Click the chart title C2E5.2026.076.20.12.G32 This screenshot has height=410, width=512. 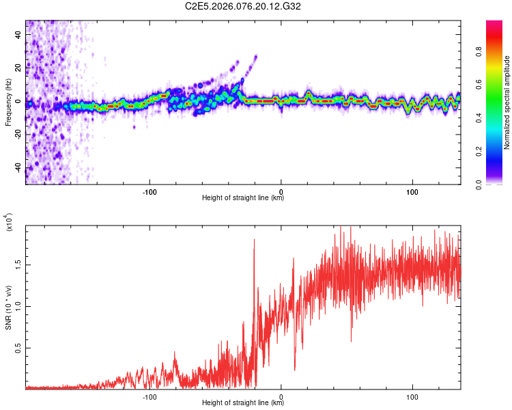point(243,7)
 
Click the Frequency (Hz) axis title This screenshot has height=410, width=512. point(8,102)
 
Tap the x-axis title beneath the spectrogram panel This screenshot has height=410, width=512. point(243,198)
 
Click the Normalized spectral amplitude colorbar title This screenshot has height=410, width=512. point(507,102)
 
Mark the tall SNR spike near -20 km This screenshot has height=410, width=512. point(254,241)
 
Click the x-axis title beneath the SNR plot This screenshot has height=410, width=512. point(243,403)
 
